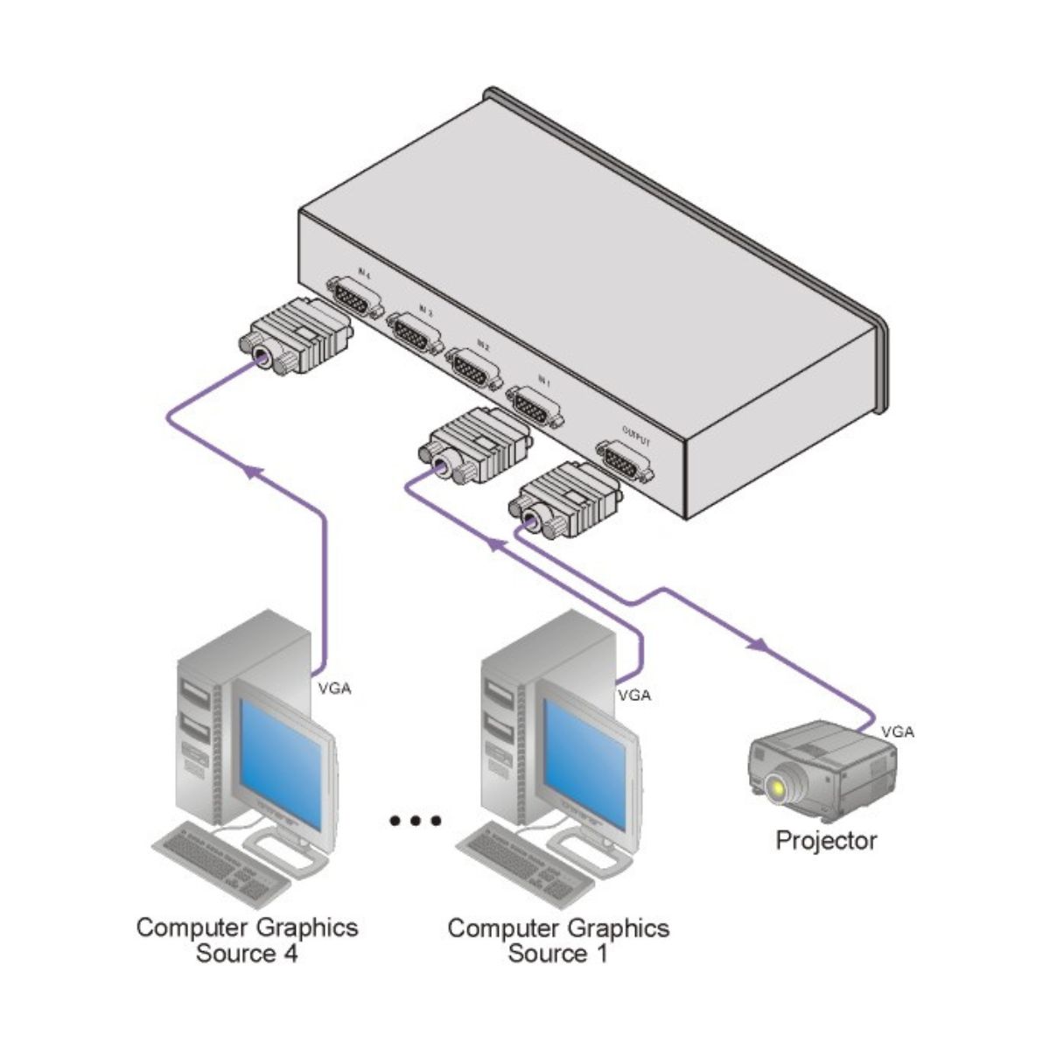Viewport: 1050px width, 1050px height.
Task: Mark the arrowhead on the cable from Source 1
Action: tap(495, 546)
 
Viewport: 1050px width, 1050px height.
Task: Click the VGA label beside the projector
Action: tap(898, 731)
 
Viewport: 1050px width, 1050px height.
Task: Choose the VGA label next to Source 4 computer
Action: tap(334, 689)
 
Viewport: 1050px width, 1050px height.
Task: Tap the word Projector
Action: tap(826, 841)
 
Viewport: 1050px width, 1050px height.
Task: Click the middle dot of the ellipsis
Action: tap(416, 821)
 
